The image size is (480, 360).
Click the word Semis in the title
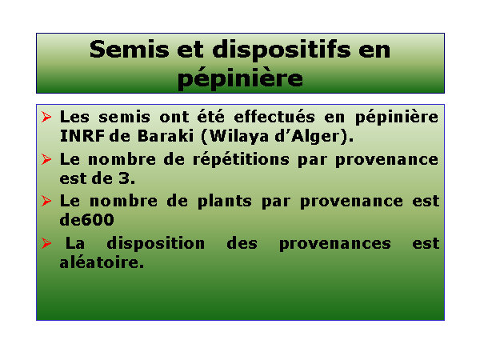click(x=129, y=50)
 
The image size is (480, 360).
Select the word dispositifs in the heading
click(x=282, y=50)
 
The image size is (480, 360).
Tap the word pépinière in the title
click(x=240, y=78)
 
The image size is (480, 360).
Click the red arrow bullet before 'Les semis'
click(x=46, y=117)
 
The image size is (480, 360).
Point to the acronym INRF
click(x=82, y=136)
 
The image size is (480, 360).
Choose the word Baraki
click(x=166, y=136)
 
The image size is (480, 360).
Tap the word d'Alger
click(x=307, y=137)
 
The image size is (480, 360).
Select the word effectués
click(x=274, y=116)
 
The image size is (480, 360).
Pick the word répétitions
click(x=241, y=159)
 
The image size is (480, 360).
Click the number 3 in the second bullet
click(x=124, y=178)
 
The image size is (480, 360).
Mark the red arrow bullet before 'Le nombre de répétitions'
click(x=46, y=159)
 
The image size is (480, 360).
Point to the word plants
click(x=225, y=202)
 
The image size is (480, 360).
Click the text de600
click(x=86, y=220)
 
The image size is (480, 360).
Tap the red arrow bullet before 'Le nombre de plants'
click(x=46, y=201)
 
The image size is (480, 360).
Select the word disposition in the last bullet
click(x=155, y=244)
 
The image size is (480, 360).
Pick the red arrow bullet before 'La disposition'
click(x=46, y=243)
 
